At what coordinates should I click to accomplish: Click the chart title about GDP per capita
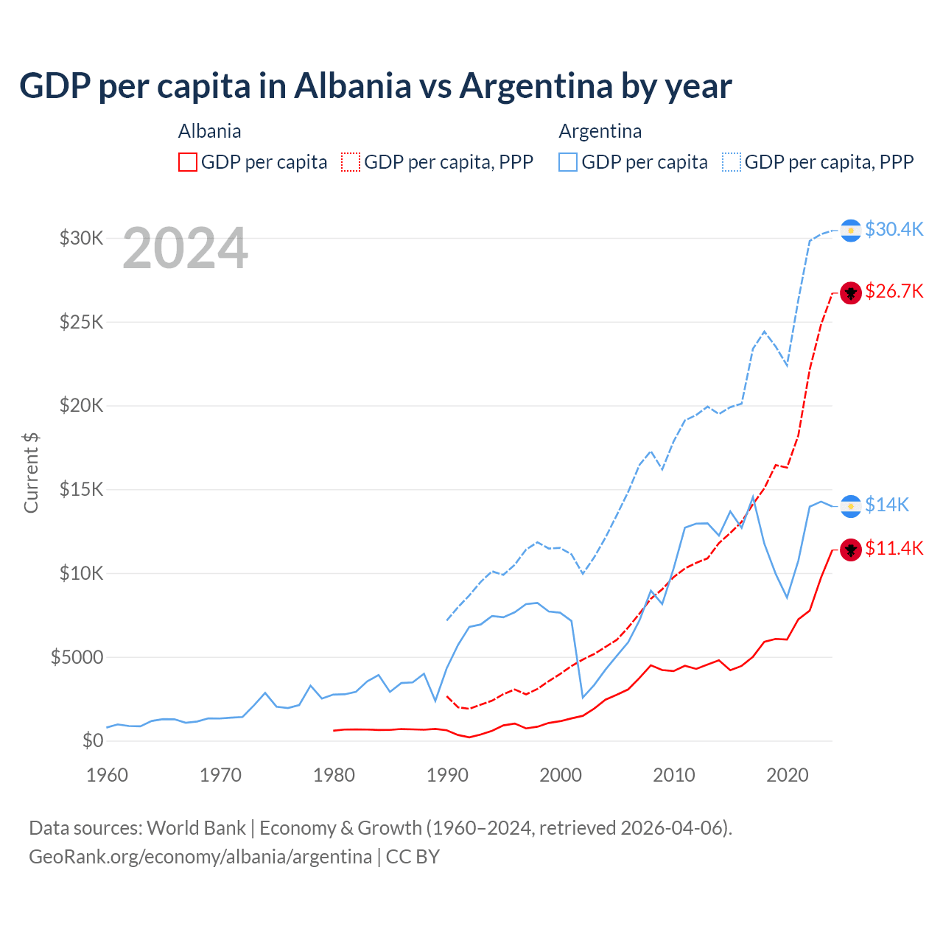(376, 86)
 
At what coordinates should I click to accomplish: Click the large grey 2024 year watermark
(185, 248)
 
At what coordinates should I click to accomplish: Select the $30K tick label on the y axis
(81, 238)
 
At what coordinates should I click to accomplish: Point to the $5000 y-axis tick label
(77, 657)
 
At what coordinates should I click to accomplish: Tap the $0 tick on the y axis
(92, 740)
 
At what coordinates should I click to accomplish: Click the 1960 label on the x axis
(108, 775)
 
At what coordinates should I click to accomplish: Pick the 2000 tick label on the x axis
(561, 775)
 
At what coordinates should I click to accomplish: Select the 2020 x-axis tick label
(788, 775)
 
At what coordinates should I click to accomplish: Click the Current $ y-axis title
(31, 472)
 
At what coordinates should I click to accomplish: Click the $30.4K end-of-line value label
(894, 229)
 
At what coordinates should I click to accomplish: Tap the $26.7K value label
(894, 291)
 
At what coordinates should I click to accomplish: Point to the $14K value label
(887, 505)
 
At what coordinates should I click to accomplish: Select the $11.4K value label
(894, 548)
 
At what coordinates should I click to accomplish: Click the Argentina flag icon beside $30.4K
(851, 231)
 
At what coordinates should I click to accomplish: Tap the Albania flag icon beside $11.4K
(851, 550)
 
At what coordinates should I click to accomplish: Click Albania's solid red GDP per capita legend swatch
(188, 162)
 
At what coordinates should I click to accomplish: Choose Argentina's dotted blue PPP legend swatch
(732, 162)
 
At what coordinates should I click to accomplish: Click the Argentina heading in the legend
(600, 131)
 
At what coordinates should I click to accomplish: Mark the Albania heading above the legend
(209, 131)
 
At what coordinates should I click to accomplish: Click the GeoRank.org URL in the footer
(200, 857)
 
